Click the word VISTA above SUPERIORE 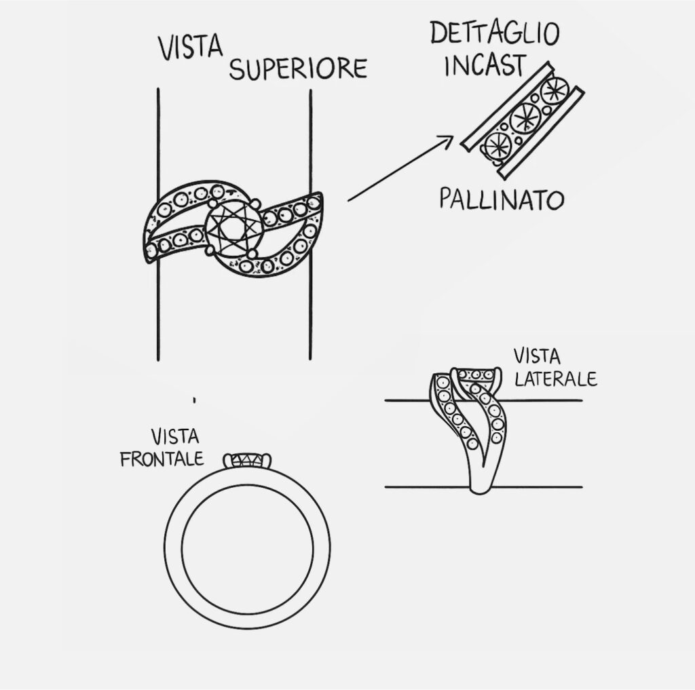(191, 48)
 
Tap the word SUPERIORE (298, 69)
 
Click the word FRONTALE (162, 459)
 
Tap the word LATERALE (555, 377)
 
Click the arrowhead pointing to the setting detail (446, 140)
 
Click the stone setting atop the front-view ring (248, 461)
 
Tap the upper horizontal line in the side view (543, 400)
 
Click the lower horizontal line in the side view (543, 487)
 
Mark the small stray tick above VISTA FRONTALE (194, 400)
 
